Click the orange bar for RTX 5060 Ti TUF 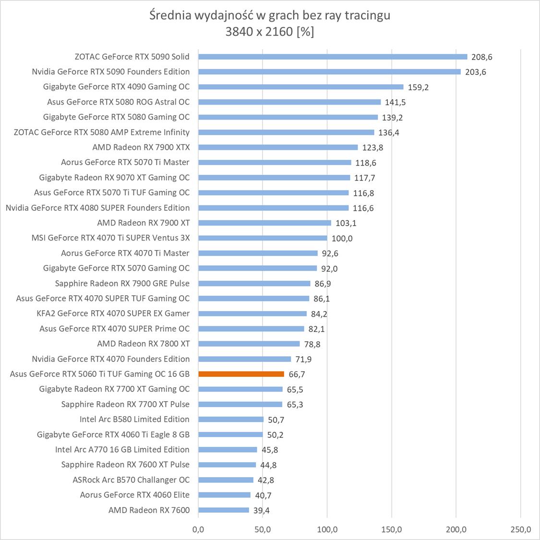(x=241, y=374)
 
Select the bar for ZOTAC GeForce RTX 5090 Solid (x=332, y=57)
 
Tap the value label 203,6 (x=475, y=72)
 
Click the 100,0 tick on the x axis (x=327, y=530)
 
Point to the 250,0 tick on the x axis (x=521, y=530)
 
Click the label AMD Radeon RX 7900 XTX (x=141, y=147)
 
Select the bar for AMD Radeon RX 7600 (x=224, y=510)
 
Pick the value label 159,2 (x=418, y=87)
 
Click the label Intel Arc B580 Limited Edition (x=134, y=419)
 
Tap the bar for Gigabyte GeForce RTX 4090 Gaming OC (x=300, y=87)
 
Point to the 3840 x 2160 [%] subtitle (x=270, y=32)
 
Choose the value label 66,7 (x=297, y=374)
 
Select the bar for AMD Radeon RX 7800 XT (x=249, y=344)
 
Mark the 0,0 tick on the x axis (x=198, y=530)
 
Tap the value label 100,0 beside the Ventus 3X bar (x=342, y=238)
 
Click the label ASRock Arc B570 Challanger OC (x=131, y=480)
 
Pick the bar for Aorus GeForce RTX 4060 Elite (x=224, y=495)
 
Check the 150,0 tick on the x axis (x=392, y=530)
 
